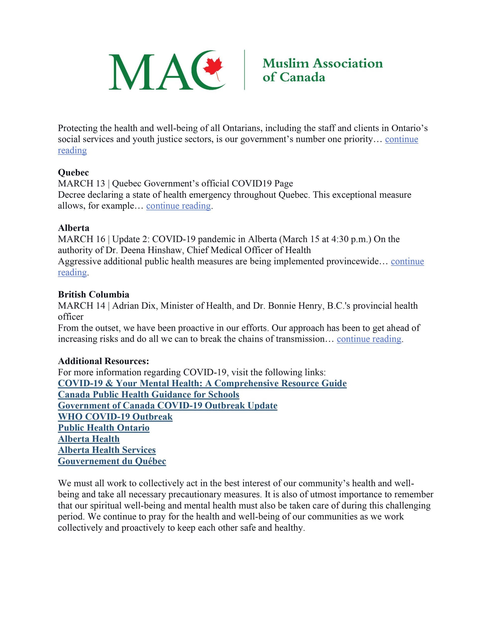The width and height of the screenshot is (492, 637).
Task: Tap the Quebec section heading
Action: coord(73,172)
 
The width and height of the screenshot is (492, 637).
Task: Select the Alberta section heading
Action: coord(73,228)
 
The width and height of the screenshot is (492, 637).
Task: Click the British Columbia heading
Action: coord(93,294)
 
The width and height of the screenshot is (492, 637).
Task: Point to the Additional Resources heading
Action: coord(103,361)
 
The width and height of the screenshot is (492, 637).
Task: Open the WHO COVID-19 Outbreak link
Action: coord(115,417)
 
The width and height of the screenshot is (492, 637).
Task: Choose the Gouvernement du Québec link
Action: coord(112,461)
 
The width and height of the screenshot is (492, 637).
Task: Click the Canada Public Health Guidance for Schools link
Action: coord(148,395)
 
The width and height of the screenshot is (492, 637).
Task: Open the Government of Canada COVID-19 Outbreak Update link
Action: coord(167,406)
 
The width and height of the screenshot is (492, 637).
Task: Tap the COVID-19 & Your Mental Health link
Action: coord(202,383)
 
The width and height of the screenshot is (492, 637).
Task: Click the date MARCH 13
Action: coord(81,183)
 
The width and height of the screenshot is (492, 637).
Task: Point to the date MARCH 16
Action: coord(81,239)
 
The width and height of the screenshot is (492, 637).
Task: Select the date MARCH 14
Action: coord(81,306)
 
